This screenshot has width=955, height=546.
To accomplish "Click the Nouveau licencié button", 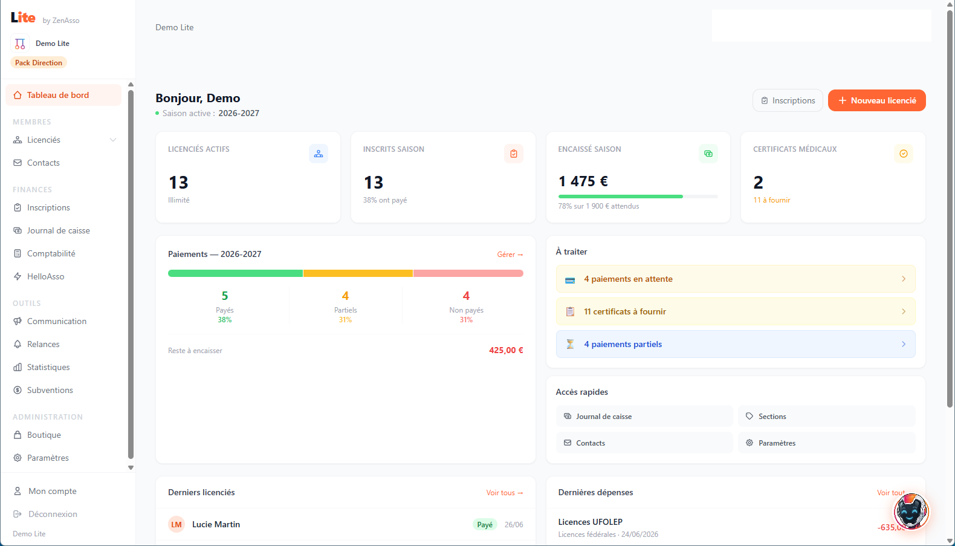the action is pyautogui.click(x=876, y=100).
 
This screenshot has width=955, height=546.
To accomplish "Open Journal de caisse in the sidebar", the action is pyautogui.click(x=59, y=231).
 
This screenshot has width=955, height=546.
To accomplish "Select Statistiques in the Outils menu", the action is pyautogui.click(x=48, y=367).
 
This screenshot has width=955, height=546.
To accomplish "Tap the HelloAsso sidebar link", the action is pyautogui.click(x=45, y=276).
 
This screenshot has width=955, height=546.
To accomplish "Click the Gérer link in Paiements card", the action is pyautogui.click(x=510, y=255).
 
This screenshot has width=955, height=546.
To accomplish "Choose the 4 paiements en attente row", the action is pyautogui.click(x=736, y=279).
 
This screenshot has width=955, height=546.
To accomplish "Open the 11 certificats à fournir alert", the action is pyautogui.click(x=736, y=312).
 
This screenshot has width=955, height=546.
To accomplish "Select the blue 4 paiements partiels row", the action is pyautogui.click(x=736, y=344).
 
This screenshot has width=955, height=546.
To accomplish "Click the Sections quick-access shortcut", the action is pyautogui.click(x=827, y=417).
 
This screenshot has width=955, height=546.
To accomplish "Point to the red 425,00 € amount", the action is pyautogui.click(x=506, y=350).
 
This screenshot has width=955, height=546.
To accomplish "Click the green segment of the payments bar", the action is pyautogui.click(x=235, y=273).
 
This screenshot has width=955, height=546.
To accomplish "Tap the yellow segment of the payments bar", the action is pyautogui.click(x=358, y=273).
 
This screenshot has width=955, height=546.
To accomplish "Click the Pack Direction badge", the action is pyautogui.click(x=39, y=63).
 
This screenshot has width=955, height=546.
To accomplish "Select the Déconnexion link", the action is pyautogui.click(x=53, y=514).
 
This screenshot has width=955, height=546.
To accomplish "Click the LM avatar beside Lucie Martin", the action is pyautogui.click(x=176, y=525).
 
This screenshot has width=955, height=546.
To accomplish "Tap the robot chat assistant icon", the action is pyautogui.click(x=911, y=511).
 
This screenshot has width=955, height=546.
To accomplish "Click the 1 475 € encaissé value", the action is pyautogui.click(x=583, y=181).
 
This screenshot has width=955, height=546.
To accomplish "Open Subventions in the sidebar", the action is pyautogui.click(x=50, y=391).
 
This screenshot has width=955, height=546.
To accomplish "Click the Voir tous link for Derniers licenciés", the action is pyautogui.click(x=505, y=493).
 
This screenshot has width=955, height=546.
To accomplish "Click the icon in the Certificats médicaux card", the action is pyautogui.click(x=904, y=154).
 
